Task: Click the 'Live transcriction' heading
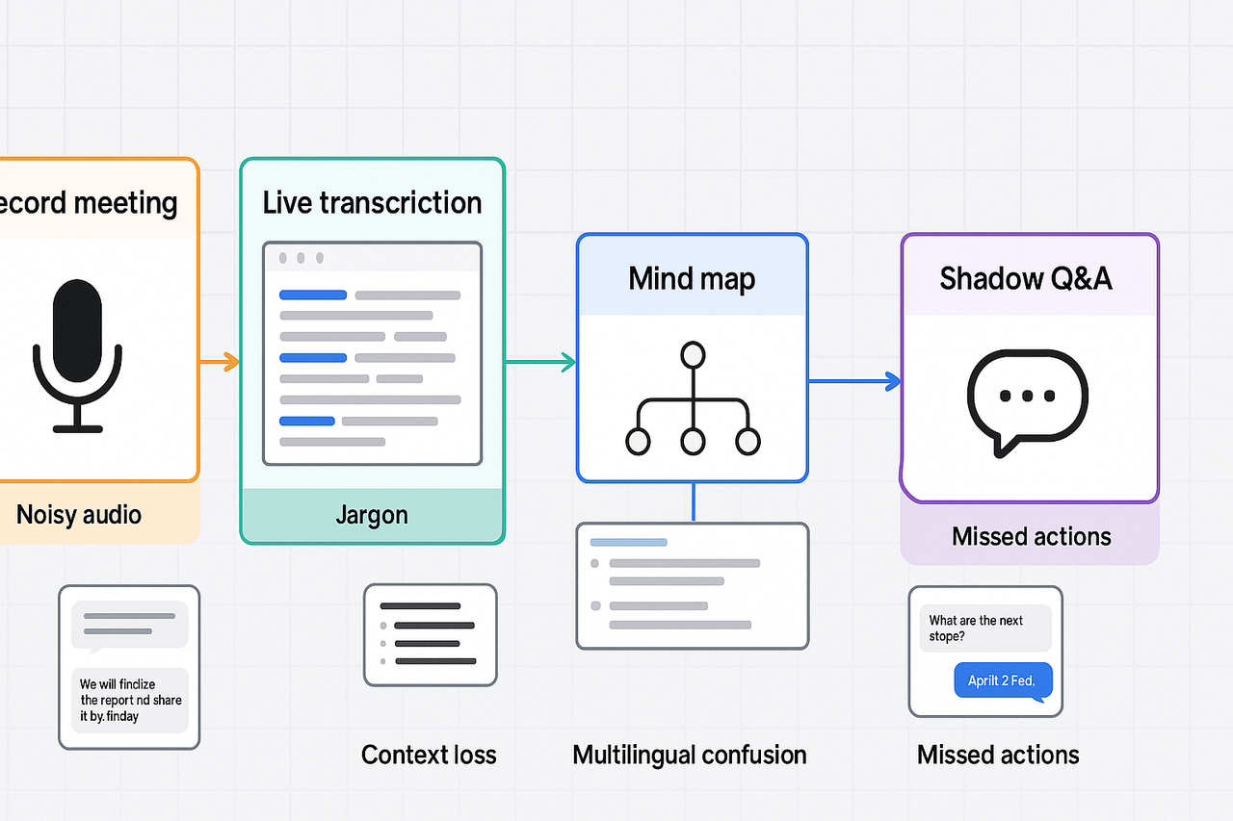(372, 203)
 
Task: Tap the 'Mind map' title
(692, 279)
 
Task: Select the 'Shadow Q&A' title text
(1026, 279)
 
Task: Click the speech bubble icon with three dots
(1027, 399)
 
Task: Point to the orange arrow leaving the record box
(220, 362)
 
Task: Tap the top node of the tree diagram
(693, 355)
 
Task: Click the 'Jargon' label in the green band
(372, 515)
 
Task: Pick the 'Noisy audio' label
(79, 514)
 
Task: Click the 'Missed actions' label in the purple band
(1031, 536)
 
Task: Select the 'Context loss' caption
(429, 755)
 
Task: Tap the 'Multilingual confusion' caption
(690, 755)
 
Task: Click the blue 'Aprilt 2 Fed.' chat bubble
(1002, 680)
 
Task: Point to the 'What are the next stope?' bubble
(976, 629)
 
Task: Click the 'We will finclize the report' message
(130, 700)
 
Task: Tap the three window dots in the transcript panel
(301, 259)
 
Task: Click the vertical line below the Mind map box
(694, 502)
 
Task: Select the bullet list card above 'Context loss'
(430, 634)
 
